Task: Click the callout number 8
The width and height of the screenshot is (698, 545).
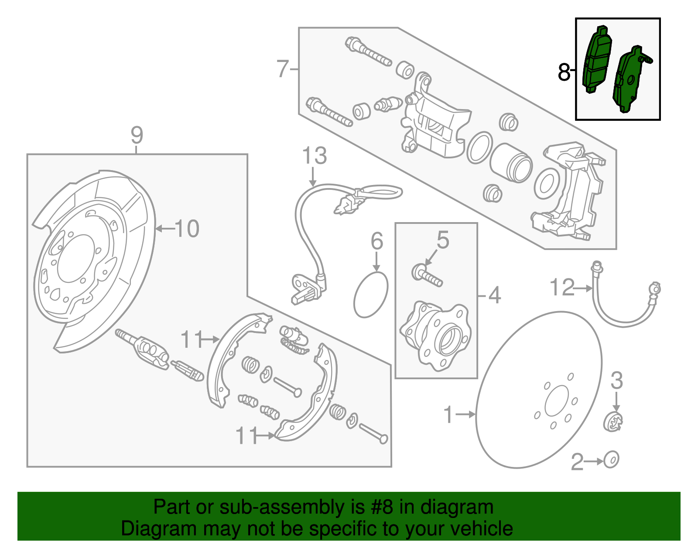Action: click(564, 72)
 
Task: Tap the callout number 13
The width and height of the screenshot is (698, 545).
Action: click(314, 156)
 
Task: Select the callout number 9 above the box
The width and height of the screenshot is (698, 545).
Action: click(137, 135)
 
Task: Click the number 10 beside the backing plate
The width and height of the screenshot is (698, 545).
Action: click(187, 229)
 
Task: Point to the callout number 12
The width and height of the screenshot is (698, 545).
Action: click(562, 288)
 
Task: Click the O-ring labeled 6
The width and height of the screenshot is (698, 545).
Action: click(370, 295)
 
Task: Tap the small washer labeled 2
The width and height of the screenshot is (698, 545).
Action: click(611, 460)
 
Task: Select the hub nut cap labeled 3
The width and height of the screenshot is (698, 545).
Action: click(613, 421)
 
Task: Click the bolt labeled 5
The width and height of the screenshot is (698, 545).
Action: click(427, 275)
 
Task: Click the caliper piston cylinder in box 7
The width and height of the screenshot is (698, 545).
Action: click(510, 162)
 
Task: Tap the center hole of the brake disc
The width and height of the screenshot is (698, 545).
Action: click(557, 401)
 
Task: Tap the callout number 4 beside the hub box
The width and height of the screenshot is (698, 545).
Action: click(494, 296)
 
